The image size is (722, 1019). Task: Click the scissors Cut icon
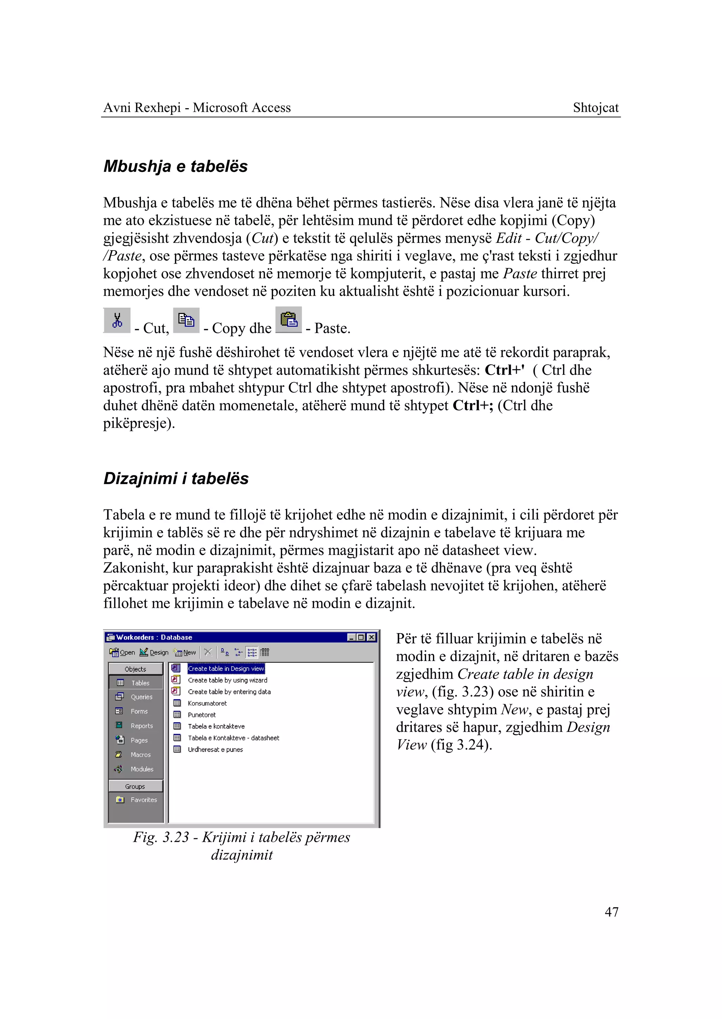pos(117,320)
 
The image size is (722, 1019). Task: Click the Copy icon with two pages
pos(186,320)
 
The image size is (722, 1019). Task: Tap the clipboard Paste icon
pos(288,320)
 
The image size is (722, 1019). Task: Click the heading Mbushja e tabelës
pos(175,166)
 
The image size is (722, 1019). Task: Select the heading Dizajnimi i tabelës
pos(176,478)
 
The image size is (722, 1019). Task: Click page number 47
pos(611,912)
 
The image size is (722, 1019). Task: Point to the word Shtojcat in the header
pos(595,107)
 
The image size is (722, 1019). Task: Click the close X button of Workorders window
pos(372,637)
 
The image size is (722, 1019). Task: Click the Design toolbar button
pos(154,652)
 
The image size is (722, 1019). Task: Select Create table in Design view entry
pos(226,668)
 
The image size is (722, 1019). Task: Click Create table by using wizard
pos(227,680)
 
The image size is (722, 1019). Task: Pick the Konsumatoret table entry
pos(207,703)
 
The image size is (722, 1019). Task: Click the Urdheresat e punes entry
pos(215,749)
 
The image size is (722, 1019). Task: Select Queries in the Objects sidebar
pos(141,697)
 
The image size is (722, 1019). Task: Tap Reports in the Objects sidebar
pos(141,726)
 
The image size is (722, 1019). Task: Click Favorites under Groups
pos(143,799)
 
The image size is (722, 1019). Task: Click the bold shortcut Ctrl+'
pos(504,370)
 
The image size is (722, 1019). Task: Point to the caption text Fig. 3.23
pos(161,837)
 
